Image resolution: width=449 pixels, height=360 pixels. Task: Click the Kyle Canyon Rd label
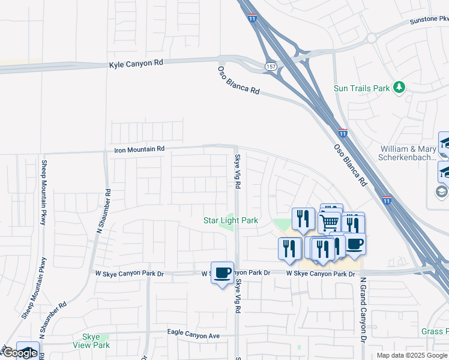point(136,63)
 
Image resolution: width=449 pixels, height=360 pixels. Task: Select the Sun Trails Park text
point(362,88)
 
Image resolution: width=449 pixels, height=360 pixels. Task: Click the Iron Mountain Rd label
point(139,148)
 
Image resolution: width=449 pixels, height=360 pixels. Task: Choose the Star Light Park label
point(231,220)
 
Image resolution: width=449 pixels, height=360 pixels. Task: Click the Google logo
point(19,353)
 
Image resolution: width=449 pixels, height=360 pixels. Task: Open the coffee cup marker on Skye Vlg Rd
point(222,272)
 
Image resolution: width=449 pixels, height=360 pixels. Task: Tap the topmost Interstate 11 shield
point(251,19)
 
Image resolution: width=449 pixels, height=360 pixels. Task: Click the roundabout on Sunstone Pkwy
point(371,38)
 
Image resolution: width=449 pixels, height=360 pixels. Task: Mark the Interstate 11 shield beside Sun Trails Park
point(342,133)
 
